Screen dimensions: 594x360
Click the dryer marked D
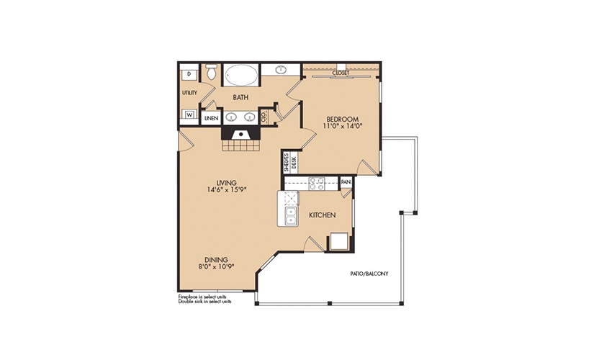(189, 75)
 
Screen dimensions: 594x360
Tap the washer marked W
(189, 114)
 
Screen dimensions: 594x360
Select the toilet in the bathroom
(212, 72)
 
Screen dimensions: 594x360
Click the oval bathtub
(241, 75)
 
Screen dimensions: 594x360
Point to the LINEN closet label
(212, 118)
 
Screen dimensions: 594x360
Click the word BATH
(240, 97)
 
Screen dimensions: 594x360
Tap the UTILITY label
(189, 92)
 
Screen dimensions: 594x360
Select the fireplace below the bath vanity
(241, 139)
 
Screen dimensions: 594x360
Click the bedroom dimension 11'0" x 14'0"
(340, 126)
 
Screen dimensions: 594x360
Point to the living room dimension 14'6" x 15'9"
(227, 189)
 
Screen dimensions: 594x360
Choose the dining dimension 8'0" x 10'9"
(216, 266)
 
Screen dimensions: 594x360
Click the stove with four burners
(316, 184)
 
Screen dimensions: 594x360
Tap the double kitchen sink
(291, 215)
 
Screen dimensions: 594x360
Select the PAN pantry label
(346, 182)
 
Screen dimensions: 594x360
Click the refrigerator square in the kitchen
(338, 241)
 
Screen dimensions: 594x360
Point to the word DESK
(294, 163)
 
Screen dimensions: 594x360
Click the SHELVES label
(287, 163)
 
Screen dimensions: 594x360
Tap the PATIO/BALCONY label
(369, 273)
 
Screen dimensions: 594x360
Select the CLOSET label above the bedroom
(341, 73)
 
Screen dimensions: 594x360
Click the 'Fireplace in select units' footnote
(202, 297)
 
